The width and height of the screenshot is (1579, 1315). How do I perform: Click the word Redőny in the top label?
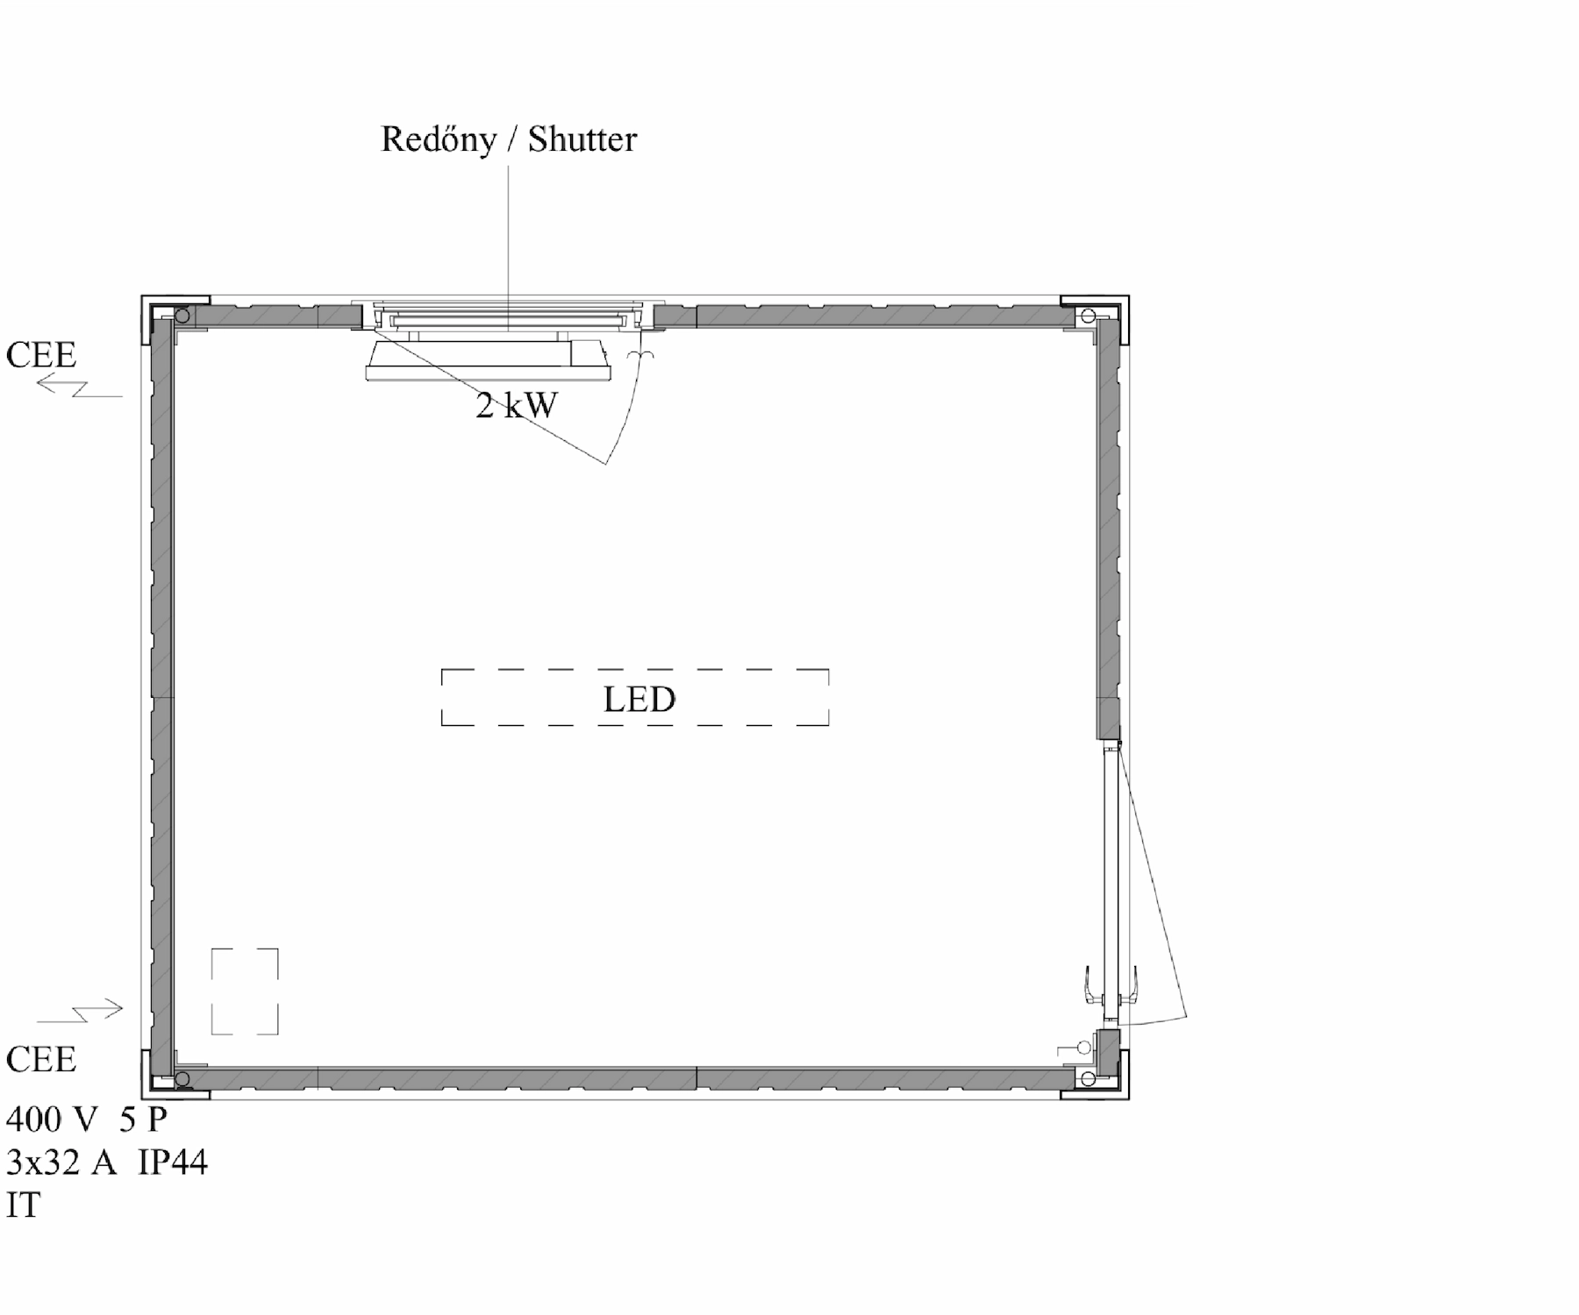click(x=438, y=140)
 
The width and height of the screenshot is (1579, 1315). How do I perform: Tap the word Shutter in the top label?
click(x=582, y=139)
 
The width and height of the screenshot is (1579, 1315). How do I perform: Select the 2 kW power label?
click(x=517, y=405)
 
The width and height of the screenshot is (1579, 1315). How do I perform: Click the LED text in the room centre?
click(x=639, y=700)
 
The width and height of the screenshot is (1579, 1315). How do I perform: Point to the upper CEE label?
click(x=41, y=355)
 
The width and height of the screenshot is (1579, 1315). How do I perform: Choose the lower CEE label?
click(x=41, y=1060)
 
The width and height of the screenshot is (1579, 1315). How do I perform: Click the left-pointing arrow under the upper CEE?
click(x=79, y=386)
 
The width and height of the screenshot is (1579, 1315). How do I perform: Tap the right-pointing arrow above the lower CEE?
click(x=79, y=1011)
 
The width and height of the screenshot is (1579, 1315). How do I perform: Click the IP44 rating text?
click(x=172, y=1162)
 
